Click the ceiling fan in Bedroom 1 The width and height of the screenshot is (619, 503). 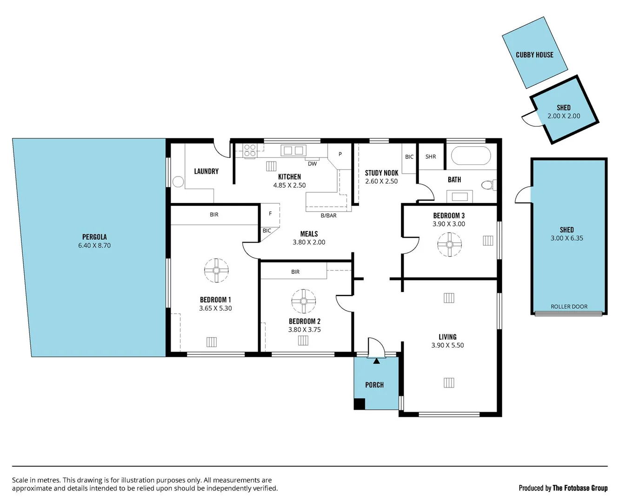point(216,270)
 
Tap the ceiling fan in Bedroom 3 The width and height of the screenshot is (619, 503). point(450,244)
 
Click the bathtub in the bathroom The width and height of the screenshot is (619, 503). point(471,156)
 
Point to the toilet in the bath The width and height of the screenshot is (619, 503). point(488,185)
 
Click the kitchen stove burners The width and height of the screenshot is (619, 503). point(250,150)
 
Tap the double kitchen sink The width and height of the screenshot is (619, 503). point(293,150)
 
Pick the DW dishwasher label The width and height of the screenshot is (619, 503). point(312,164)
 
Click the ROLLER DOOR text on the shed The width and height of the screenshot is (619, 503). point(569,306)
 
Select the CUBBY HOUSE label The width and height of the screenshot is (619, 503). point(534,54)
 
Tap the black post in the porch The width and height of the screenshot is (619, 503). point(359,404)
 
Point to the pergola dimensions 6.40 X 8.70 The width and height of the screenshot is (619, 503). point(94,245)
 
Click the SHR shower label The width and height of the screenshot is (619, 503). point(431,156)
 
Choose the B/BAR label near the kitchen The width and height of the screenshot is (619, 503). point(328,216)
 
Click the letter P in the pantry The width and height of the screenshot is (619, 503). point(340,154)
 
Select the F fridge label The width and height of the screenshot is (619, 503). point(270,214)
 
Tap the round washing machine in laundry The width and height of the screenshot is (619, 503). point(178,182)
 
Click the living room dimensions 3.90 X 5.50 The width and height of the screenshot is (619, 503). point(447,345)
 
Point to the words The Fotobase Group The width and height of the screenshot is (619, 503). point(579,488)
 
